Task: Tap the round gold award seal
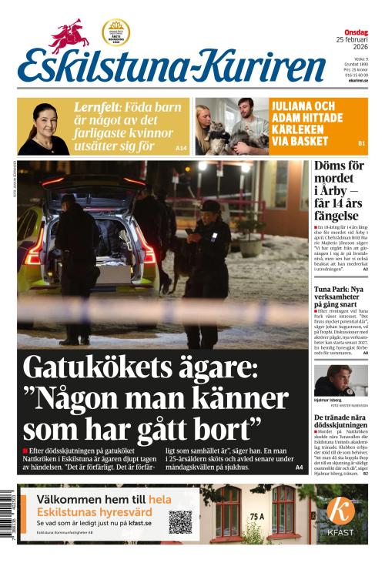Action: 115,32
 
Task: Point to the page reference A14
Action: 181,147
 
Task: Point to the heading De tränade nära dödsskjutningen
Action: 340,422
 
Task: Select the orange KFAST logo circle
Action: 341,511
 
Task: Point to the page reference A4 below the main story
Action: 299,467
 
